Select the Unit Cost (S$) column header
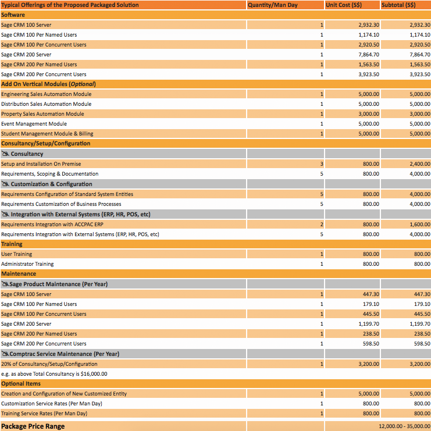[346, 5]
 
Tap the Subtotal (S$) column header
[398, 5]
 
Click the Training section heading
[12, 244]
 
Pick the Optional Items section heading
[21, 383]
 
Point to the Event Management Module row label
[34, 124]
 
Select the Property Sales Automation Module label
[42, 114]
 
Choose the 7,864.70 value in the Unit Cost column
[369, 54]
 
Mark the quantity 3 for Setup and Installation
[321, 164]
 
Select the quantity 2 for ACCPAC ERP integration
[321, 224]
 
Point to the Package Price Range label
[33, 426]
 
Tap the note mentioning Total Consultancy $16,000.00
[54, 374]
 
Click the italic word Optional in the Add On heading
[81, 84]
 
